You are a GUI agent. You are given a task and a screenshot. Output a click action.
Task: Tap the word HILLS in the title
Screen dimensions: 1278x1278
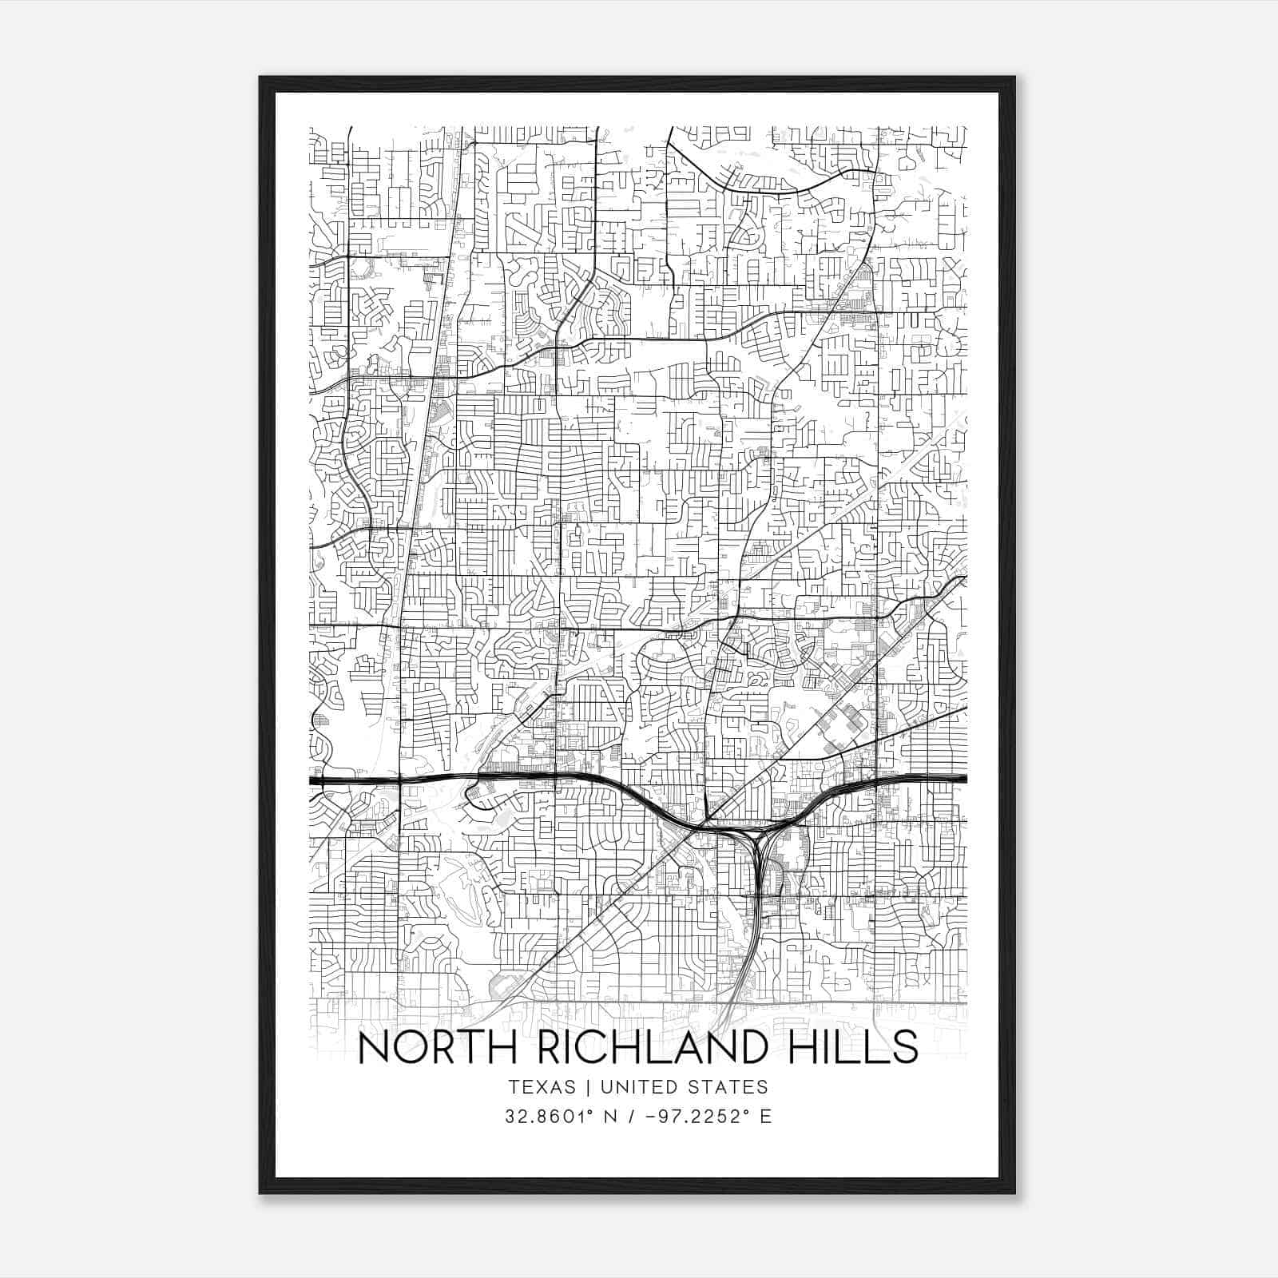tap(855, 1048)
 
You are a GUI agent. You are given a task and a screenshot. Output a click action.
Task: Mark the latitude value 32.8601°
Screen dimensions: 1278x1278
tap(548, 1117)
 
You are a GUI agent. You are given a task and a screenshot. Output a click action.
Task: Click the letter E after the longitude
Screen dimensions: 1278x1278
tap(766, 1117)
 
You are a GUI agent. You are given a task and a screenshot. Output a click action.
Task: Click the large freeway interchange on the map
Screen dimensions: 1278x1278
tap(755, 835)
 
